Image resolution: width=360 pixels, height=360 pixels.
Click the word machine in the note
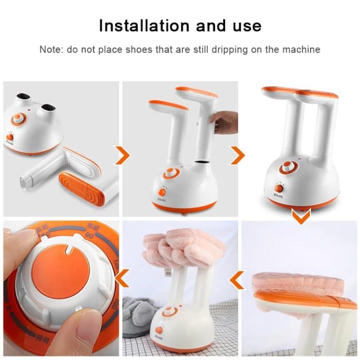pos(303,50)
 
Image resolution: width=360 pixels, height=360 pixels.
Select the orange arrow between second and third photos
pos(238,155)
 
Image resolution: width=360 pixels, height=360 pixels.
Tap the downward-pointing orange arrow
pos(301,215)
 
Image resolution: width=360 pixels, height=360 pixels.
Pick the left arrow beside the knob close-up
pos(122,280)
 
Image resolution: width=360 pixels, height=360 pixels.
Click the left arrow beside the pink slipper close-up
pos(237,280)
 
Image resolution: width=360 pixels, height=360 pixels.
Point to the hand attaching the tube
pos(225,122)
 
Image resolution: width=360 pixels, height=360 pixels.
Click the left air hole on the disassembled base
pos(22,98)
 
